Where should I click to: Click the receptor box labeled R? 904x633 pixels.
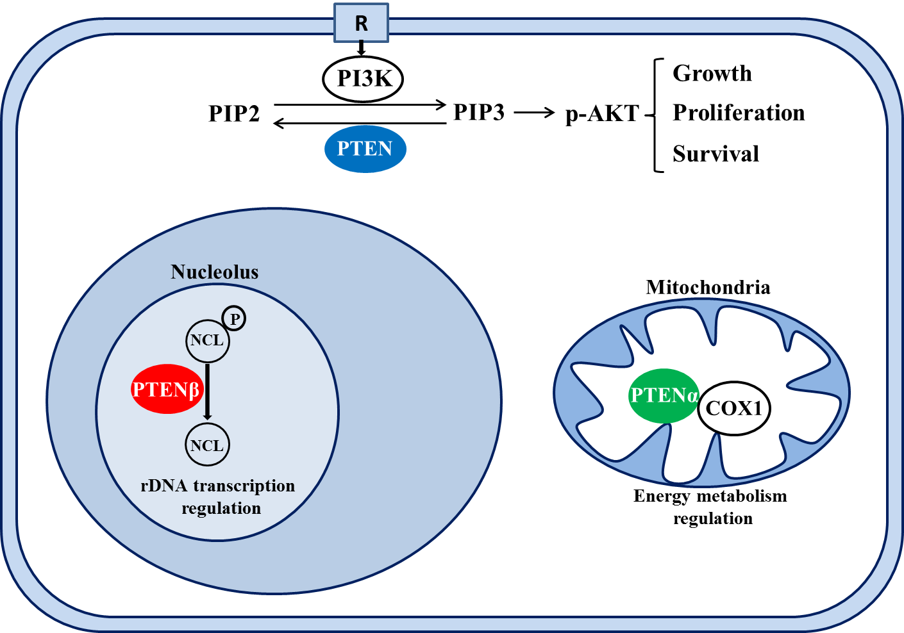361,23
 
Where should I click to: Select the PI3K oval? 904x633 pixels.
363,79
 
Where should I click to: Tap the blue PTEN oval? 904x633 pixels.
365,149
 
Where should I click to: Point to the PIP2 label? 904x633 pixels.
234,113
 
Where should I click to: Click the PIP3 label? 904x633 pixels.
479,112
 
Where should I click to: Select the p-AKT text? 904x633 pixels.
602,114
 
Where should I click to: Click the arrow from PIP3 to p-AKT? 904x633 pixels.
534,113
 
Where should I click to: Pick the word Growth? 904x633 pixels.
712,74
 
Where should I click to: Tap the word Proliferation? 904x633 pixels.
739,113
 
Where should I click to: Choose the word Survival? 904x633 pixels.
716,154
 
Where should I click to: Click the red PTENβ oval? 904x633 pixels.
167,389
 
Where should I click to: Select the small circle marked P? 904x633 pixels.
234,318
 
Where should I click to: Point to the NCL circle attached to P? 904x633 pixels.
208,341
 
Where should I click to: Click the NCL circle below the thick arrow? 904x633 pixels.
208,445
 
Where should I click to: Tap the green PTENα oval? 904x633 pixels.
664,395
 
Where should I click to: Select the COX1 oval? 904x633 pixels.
734,408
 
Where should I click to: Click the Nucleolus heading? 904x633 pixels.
214,272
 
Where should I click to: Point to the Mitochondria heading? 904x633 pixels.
708,288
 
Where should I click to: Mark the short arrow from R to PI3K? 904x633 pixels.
361,48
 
